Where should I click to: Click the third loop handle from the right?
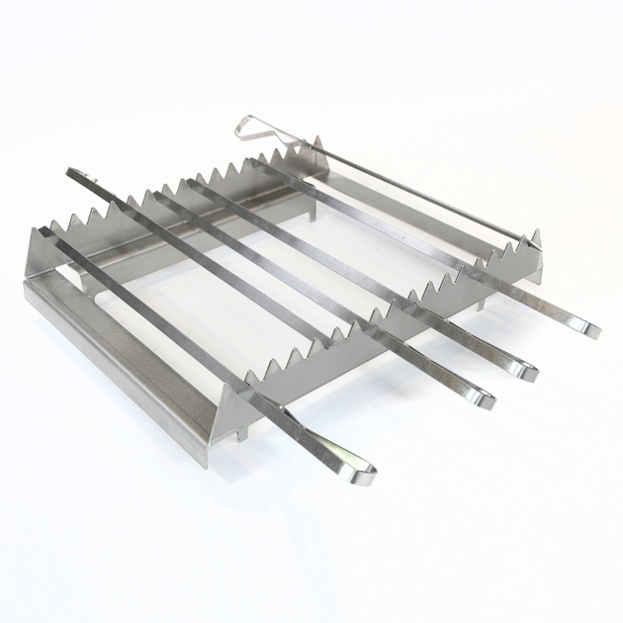point(479,398)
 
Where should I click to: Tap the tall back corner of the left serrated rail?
point(318,144)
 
